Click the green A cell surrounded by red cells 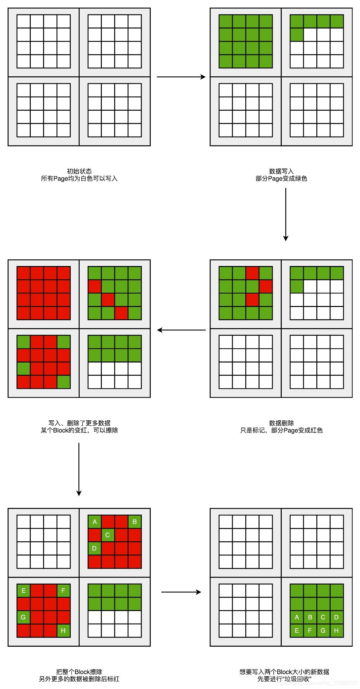[95, 522]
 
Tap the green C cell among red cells [108, 535]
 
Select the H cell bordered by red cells [63, 631]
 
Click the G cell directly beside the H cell [323, 631]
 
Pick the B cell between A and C [310, 617]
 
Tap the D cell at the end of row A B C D [337, 617]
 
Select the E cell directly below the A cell [297, 631]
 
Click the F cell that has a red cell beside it [63, 591]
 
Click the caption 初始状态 [79, 171]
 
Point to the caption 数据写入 [281, 171]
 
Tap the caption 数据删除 [281, 423]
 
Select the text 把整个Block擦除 [79, 671]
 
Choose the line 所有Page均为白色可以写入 [79, 178]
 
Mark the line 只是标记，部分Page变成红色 [281, 430]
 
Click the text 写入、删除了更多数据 [79, 423]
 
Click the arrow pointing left [181, 330]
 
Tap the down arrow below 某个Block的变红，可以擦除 [79, 469]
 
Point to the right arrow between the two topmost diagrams [181, 77]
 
